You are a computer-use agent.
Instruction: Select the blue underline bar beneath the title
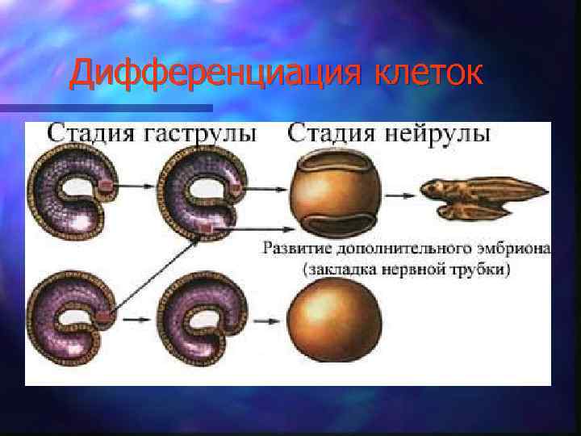(x=105, y=107)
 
